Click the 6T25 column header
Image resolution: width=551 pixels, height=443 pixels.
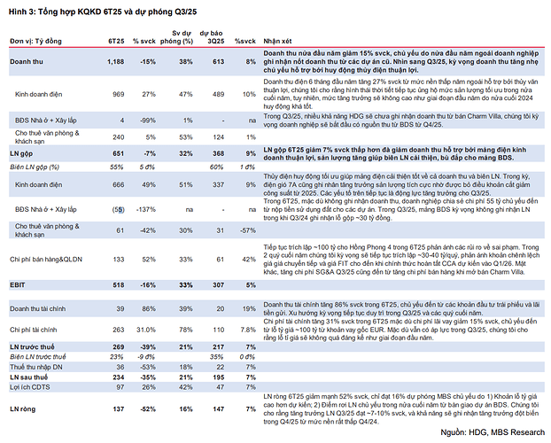(x=116, y=41)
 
